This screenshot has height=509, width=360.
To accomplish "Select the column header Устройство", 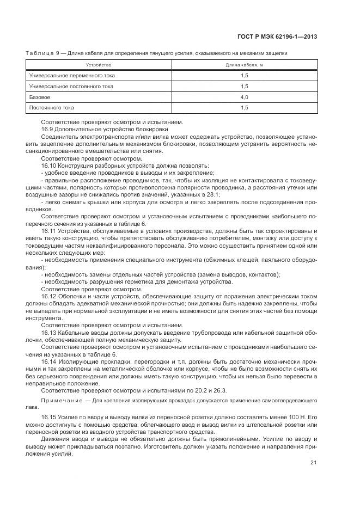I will pos(99,65).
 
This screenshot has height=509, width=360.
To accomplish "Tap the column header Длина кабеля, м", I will pos(244,65).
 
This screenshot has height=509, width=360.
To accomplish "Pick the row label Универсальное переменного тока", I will pos(72,75).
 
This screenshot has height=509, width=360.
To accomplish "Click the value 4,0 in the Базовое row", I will pos(244,97).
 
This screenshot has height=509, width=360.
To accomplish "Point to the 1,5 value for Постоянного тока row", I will pos(244,108).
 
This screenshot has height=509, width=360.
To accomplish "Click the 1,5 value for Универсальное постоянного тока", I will pos(244,86).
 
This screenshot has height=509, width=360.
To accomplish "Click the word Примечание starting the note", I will pos(59,400).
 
